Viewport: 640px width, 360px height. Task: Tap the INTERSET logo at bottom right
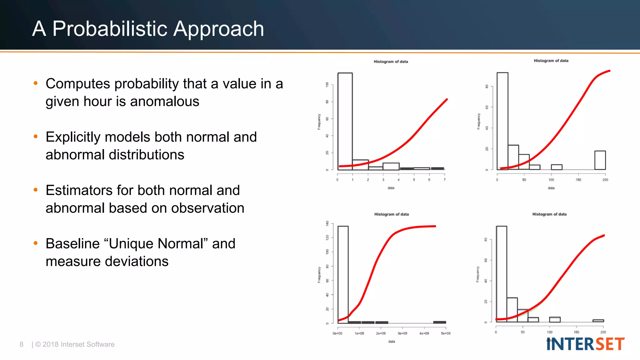tap(585, 344)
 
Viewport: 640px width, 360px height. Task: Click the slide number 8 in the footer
tap(21, 344)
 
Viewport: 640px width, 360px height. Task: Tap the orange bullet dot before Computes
tap(36, 83)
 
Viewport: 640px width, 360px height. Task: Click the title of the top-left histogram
tap(391, 62)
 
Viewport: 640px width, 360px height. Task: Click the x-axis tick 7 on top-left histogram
tap(444, 180)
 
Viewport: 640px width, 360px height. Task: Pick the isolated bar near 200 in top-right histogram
tap(600, 160)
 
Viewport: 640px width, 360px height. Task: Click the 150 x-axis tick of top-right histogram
tap(578, 180)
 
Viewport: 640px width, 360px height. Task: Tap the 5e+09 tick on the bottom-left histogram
tap(446, 333)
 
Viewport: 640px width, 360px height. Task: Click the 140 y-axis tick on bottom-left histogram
tap(327, 223)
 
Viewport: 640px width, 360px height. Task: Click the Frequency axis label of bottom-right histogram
tap(477, 274)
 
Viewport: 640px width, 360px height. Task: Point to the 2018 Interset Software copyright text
tap(75, 344)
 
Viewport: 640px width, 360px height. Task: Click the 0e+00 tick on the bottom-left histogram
tap(337, 333)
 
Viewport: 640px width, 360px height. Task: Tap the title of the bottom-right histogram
tap(549, 214)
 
